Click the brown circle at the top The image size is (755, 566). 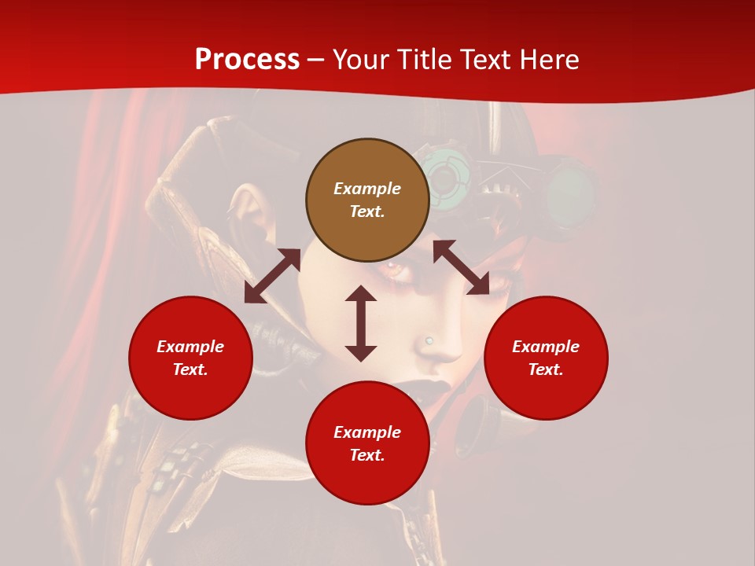pyautogui.click(x=367, y=200)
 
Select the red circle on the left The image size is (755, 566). pyautogui.click(x=190, y=358)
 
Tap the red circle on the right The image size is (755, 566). pyautogui.click(x=546, y=358)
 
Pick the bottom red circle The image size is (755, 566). pyautogui.click(x=367, y=443)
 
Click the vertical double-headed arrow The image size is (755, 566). pyautogui.click(x=361, y=323)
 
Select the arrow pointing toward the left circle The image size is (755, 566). pyautogui.click(x=272, y=276)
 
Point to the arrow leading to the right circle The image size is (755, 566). pyautogui.click(x=461, y=268)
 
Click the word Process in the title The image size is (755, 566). pyautogui.click(x=247, y=60)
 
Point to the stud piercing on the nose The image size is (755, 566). pyautogui.click(x=429, y=340)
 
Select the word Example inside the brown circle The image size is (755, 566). pyautogui.click(x=367, y=189)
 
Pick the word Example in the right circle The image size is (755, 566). pyautogui.click(x=546, y=347)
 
